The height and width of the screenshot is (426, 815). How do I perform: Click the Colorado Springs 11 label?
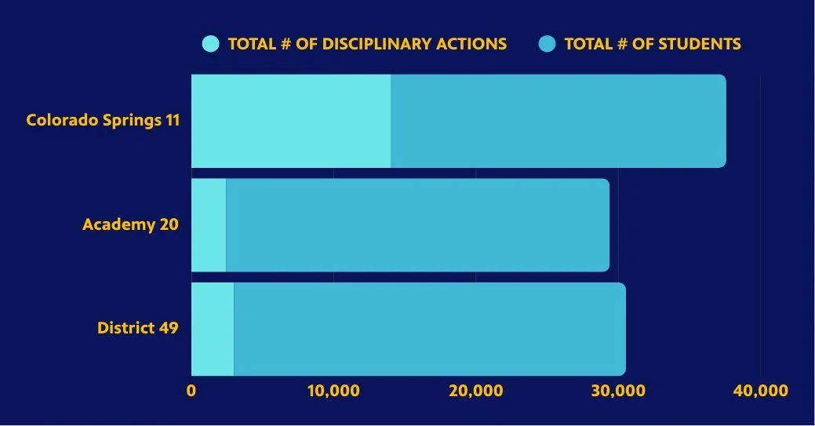103,120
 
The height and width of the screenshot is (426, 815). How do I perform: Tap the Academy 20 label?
130,224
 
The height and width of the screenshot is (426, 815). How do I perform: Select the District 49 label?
137,328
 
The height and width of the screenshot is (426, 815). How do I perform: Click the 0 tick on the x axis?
191,391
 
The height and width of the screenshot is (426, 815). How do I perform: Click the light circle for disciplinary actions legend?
211,44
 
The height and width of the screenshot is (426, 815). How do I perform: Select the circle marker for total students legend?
548,44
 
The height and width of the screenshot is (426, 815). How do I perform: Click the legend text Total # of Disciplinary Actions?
367,44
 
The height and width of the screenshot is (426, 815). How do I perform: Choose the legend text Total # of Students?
653,44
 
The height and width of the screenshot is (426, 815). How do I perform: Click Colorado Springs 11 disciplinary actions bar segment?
291,121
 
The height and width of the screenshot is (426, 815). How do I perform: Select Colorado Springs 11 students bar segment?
558,121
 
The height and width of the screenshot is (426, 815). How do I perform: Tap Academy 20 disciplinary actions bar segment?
209,225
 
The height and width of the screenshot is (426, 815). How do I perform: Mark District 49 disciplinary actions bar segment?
213,329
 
